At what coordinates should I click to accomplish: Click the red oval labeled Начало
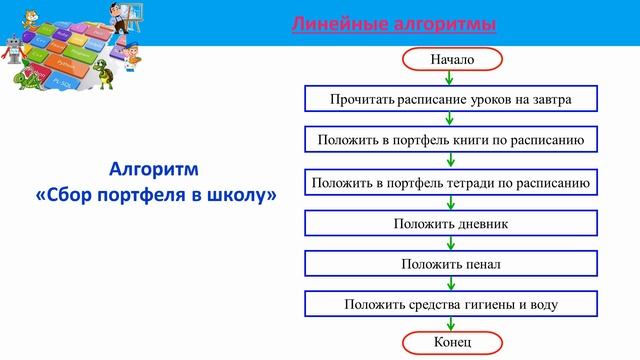pyautogui.click(x=451, y=59)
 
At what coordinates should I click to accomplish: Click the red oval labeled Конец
pyautogui.click(x=451, y=343)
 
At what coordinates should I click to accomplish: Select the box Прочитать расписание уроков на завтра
pyautogui.click(x=450, y=100)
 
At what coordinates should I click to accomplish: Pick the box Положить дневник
pyautogui.click(x=450, y=223)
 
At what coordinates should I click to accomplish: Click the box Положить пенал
pyautogui.click(x=450, y=264)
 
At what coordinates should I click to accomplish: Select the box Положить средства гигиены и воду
pyautogui.click(x=450, y=304)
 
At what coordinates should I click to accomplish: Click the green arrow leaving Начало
pyautogui.click(x=451, y=78)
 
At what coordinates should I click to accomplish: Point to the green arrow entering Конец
pyautogui.click(x=451, y=324)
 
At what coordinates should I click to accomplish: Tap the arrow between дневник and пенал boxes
pyautogui.click(x=451, y=243)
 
